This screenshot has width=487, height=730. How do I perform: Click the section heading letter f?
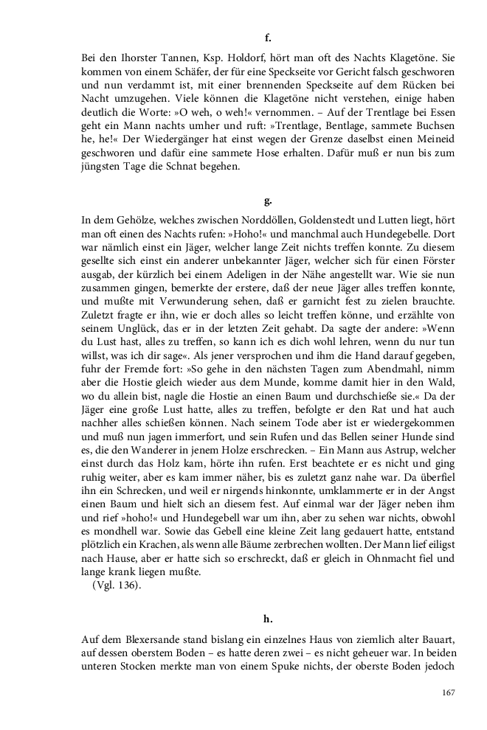coord(267,36)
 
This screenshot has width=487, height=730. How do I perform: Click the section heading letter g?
coord(267,200)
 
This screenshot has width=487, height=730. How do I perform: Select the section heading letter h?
coord(267,619)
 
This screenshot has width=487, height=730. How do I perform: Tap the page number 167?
coord(448,692)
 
